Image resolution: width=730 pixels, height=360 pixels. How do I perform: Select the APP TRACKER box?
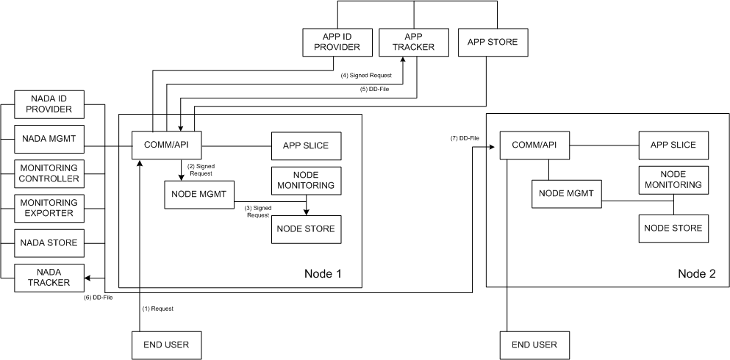(413, 42)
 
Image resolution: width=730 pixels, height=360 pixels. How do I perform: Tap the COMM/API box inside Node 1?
(165, 145)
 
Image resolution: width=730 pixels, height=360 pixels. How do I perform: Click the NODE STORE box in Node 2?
(673, 228)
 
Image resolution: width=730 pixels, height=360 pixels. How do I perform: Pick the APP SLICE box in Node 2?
(673, 145)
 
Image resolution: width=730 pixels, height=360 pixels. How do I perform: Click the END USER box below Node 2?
(533, 345)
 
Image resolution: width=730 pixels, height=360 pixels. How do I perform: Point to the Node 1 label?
(323, 274)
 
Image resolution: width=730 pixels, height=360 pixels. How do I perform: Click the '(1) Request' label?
(157, 309)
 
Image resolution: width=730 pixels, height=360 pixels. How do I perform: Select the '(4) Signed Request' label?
(366, 76)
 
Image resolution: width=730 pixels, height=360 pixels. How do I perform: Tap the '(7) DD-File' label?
(465, 138)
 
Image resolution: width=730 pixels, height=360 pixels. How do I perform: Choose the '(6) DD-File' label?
(99, 297)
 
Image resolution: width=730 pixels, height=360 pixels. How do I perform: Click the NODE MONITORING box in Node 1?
(307, 180)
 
